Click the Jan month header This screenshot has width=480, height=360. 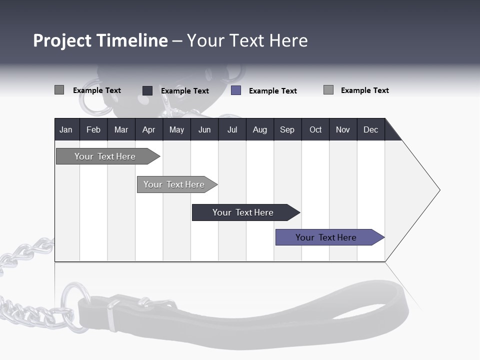click(x=66, y=130)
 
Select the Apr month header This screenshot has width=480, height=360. click(x=148, y=130)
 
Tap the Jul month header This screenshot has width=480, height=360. click(x=232, y=130)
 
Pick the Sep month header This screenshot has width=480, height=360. click(x=287, y=130)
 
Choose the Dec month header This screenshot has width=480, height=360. click(x=370, y=130)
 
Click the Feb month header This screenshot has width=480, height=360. click(x=93, y=130)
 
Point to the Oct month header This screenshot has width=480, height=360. click(x=315, y=130)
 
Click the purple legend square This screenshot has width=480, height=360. click(x=236, y=90)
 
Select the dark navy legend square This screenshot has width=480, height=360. click(x=147, y=90)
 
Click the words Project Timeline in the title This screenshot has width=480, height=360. click(x=100, y=40)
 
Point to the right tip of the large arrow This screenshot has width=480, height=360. click(x=439, y=190)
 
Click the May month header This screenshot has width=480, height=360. click(x=176, y=130)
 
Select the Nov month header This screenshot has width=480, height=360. click(x=343, y=130)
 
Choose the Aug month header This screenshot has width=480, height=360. click(x=259, y=130)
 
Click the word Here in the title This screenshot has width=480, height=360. click(x=288, y=40)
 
